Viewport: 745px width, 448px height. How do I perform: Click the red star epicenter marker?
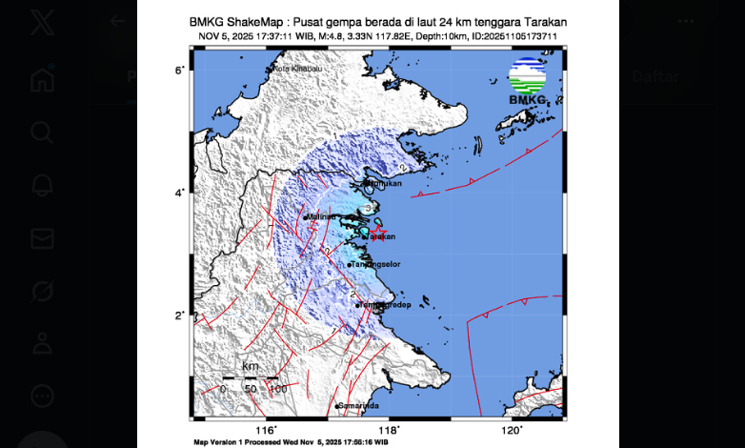[378, 231]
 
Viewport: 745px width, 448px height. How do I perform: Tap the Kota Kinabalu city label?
[294, 69]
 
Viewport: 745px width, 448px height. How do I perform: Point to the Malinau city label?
[321, 216]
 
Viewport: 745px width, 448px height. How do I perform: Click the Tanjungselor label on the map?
[372, 264]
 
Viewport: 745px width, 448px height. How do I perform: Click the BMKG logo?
[527, 81]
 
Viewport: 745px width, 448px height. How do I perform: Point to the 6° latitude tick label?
[179, 71]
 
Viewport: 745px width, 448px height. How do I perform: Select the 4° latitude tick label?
[179, 193]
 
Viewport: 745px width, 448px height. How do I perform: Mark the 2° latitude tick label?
[179, 316]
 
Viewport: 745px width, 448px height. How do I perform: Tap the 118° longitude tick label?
[391, 429]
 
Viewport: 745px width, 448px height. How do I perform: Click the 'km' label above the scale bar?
[251, 366]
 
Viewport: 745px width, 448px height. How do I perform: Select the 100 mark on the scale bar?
[277, 388]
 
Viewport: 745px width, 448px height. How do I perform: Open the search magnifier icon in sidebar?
[42, 132]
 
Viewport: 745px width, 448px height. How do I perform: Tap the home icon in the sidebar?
[42, 79]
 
